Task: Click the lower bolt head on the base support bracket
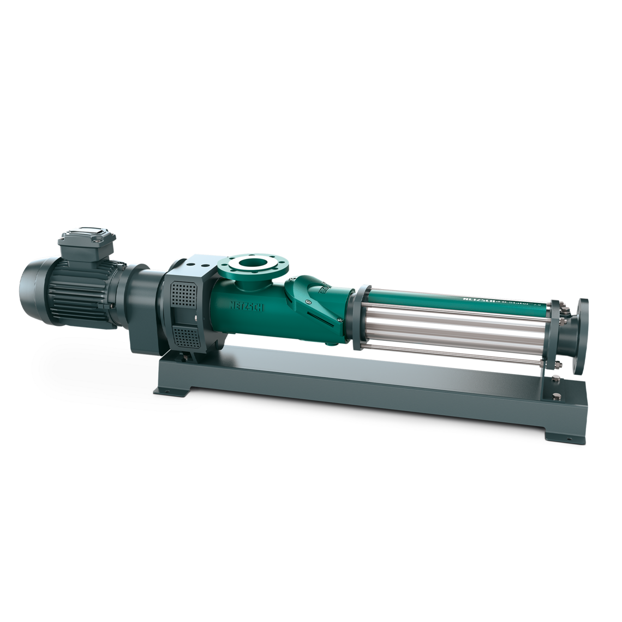(557, 397)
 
